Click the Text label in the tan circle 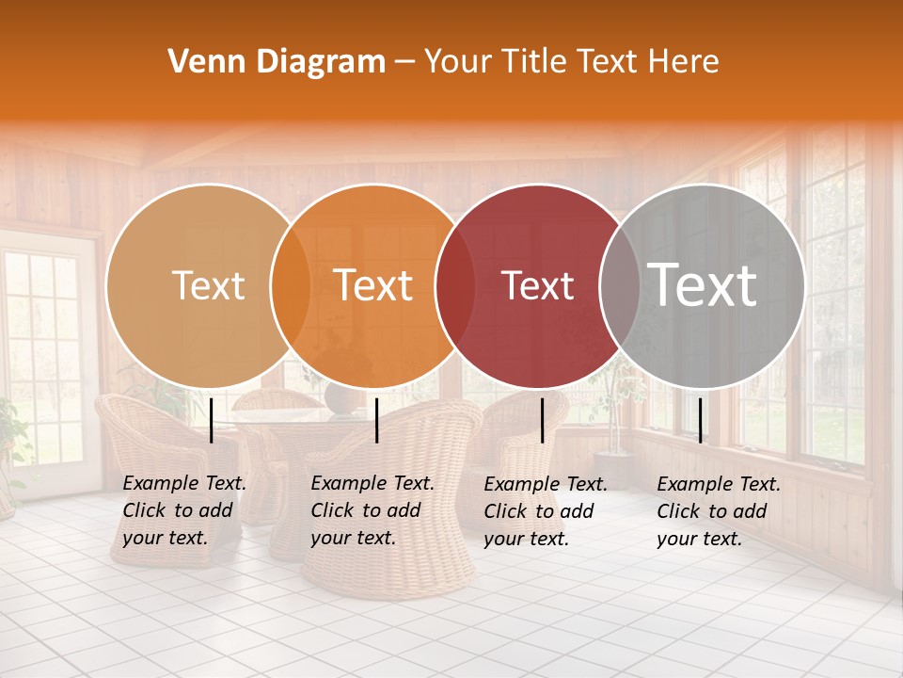coord(208,286)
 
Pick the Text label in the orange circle coord(373,286)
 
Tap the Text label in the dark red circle coord(537,286)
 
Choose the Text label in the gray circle coord(702,284)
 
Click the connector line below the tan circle coord(212,420)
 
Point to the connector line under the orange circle coord(376,420)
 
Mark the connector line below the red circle coord(543,420)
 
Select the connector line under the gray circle coord(700,420)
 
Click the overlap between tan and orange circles coord(291,286)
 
